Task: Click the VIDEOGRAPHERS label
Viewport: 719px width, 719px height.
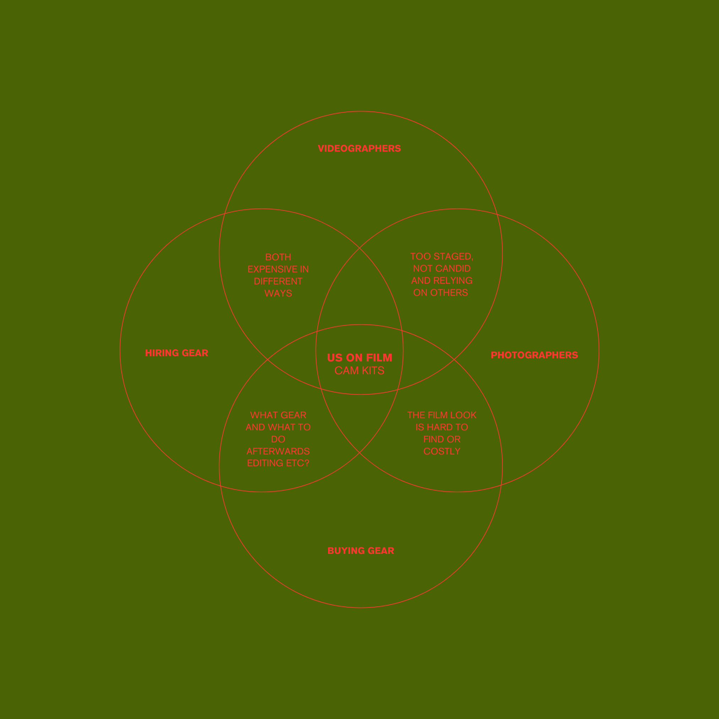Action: pos(359,148)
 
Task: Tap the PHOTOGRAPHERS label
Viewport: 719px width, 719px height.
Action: pos(534,355)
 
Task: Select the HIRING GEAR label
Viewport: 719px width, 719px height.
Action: pos(176,353)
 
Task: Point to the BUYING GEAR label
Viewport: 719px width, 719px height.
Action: pos(361,551)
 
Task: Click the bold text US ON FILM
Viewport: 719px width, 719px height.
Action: pos(359,358)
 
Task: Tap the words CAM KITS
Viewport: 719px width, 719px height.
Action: pos(359,371)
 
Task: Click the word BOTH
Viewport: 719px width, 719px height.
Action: pos(278,257)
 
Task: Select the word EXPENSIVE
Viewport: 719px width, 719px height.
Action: pos(272,269)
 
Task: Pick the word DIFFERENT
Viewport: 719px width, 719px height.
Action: pos(278,281)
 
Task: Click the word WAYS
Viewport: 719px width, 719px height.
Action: pos(278,293)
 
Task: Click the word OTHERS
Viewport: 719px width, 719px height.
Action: pos(449,293)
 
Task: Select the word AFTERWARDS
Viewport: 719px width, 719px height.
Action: pos(278,451)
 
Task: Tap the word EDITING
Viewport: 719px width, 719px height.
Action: pos(265,463)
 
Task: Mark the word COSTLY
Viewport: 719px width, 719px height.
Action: pos(442,451)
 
